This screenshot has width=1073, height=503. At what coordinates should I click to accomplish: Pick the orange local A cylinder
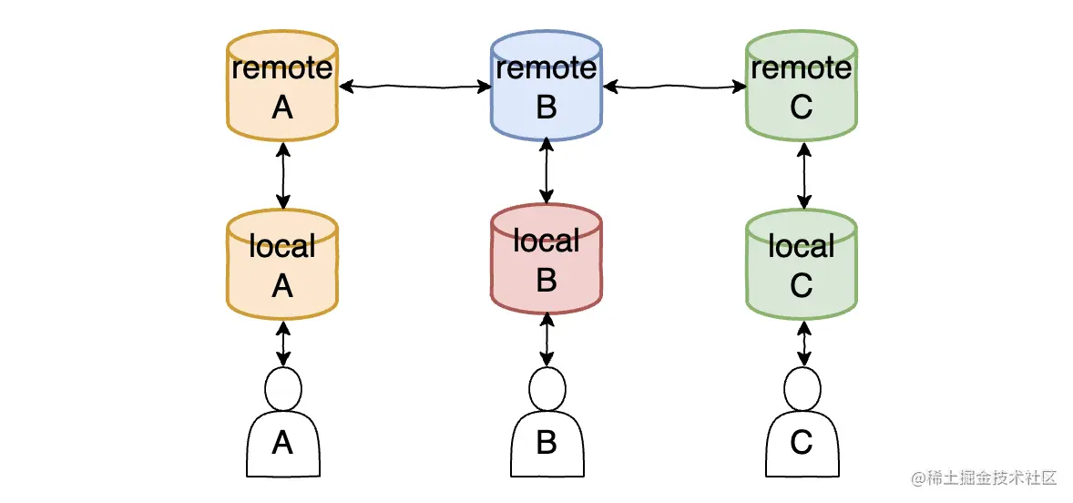282,266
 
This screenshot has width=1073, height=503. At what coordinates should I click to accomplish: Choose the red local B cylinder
546,261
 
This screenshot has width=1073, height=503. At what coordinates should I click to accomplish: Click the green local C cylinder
802,266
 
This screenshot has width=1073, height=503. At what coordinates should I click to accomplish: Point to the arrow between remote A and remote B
414,87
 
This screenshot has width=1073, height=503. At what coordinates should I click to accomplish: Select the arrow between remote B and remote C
674,87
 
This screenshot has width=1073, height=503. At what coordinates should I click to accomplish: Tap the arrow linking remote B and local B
546,170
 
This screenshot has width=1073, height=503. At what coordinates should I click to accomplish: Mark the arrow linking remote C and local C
802,176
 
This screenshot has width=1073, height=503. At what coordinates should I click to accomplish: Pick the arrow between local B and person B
547,340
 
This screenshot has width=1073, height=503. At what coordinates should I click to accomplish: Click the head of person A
282,390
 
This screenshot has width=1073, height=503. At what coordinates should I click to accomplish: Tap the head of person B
547,390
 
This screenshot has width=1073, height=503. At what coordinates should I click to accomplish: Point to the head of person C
802,390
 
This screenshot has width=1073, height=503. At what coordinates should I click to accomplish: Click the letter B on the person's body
547,444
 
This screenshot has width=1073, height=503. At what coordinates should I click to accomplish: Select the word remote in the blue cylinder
546,68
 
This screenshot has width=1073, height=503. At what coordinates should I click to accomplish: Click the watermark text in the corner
984,477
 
